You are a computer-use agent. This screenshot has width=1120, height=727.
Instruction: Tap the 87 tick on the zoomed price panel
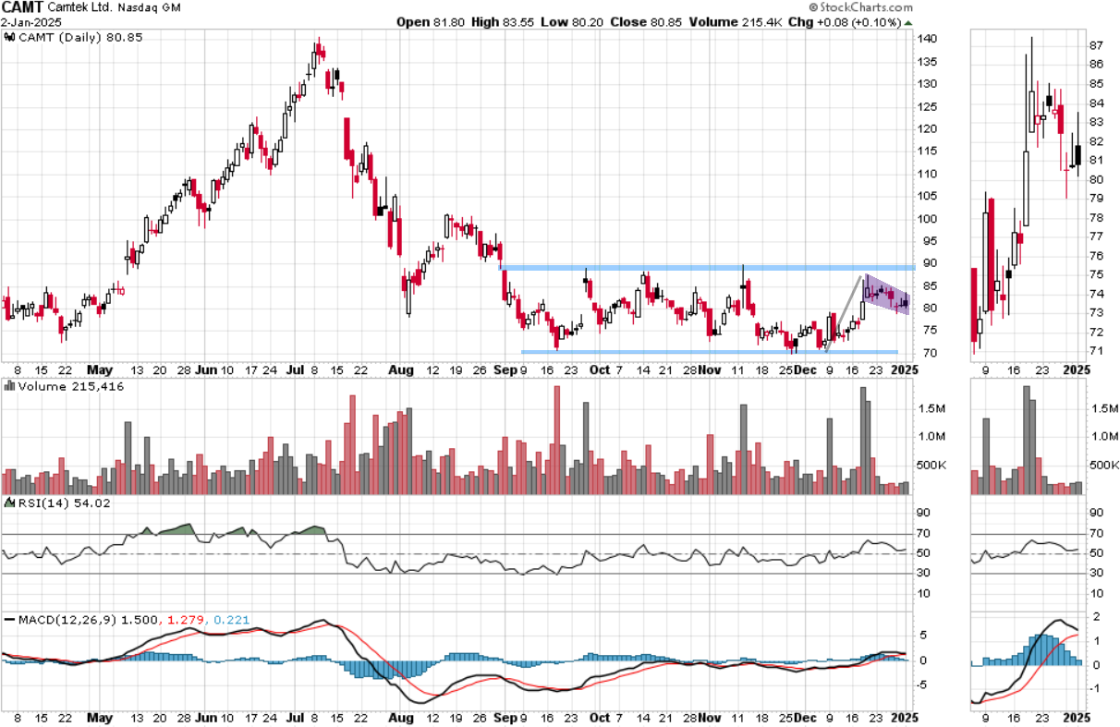click(1098, 45)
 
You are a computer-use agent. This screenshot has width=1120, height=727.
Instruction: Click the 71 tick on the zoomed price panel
click(1098, 350)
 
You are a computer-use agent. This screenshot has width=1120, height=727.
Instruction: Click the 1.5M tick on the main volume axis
click(932, 407)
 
